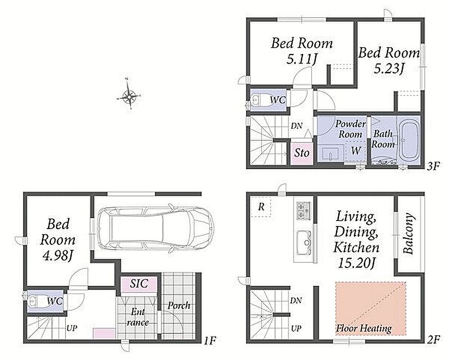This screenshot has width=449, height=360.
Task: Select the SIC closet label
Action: pos(139,283)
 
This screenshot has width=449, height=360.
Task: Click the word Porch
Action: pos(179,306)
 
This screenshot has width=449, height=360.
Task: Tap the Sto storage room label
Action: pos(302,153)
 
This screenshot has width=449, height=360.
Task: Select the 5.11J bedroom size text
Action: pos(301,59)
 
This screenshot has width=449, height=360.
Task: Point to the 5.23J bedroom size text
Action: pos(389,69)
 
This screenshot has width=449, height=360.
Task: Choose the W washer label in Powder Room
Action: pos(356,150)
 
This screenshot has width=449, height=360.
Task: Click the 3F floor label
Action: pos(433,166)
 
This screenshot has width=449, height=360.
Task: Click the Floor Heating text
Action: pos(364,328)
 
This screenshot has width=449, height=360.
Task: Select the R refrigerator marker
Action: pos(261,207)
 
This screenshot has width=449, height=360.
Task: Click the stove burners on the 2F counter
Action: pos(303,211)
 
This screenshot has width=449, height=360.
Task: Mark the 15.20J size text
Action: pos(357,263)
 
